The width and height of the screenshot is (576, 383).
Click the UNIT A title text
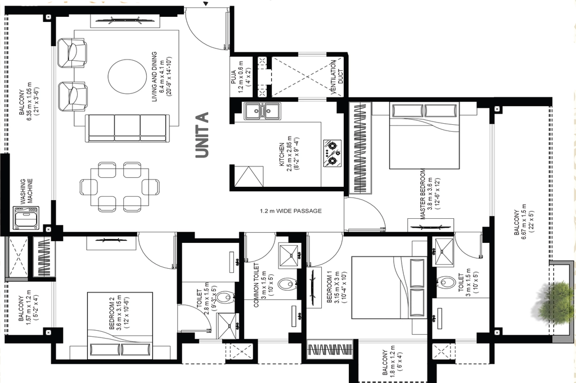pyautogui.click(x=202, y=135)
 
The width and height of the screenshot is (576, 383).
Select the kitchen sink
pyautogui.click(x=262, y=111)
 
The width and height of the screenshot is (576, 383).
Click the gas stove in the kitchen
pyautogui.click(x=332, y=153)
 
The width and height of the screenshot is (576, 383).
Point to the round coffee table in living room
pyautogui.click(x=127, y=76)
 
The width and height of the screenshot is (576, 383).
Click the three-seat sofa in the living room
pyautogui.click(x=127, y=128)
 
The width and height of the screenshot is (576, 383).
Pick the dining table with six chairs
pyautogui.click(x=120, y=187)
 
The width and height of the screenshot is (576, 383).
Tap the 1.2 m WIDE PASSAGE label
pyautogui.click(x=291, y=211)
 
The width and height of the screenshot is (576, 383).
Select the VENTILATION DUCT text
pyautogui.click(x=336, y=77)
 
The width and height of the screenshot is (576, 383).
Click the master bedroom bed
pyautogui.click(x=424, y=136)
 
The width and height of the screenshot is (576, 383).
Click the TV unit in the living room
pyautogui.click(x=125, y=21)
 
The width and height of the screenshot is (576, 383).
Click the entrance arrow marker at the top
pyautogui.click(x=206, y=4)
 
